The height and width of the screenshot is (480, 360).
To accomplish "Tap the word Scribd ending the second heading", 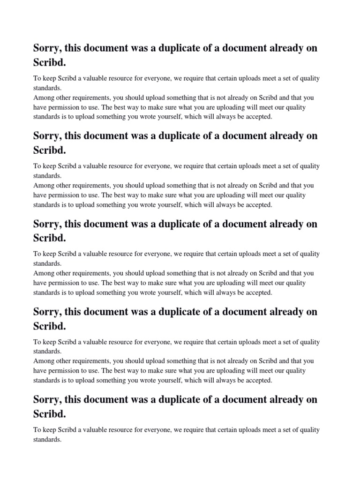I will [x=49, y=150].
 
